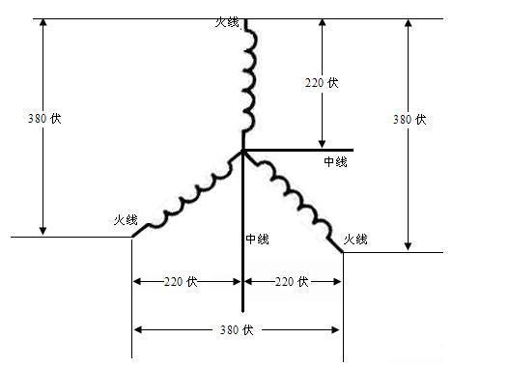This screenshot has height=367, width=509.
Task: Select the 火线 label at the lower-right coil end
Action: pos(355,238)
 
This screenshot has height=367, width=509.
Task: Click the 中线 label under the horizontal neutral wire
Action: pos(336,162)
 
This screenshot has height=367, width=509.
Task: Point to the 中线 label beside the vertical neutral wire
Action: pos(257,239)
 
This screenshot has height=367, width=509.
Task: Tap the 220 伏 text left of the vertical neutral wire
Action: pos(181,282)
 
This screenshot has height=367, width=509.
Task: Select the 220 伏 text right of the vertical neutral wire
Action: pos(292,282)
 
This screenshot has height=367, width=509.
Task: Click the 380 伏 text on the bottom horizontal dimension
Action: pos(237,329)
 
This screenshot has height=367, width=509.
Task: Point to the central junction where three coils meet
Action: pos(242,151)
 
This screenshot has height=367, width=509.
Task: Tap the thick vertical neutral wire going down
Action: pos(242,251)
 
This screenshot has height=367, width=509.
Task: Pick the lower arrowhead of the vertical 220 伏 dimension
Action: pos(321,144)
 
